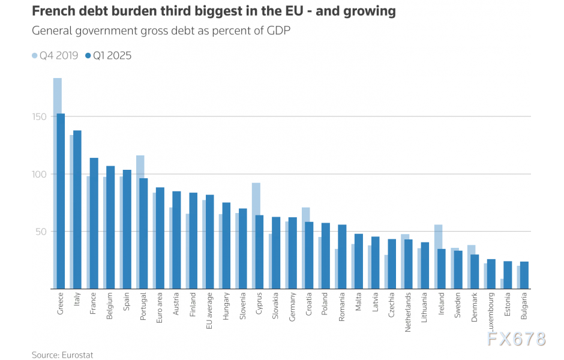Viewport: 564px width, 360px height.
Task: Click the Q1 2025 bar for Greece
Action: click(x=61, y=201)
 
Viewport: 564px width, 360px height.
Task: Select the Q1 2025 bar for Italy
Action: click(x=77, y=209)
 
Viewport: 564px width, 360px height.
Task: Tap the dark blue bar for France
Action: click(x=94, y=223)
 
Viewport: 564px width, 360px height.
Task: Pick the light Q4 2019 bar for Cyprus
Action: click(x=256, y=198)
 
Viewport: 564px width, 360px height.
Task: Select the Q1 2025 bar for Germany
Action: click(x=292, y=253)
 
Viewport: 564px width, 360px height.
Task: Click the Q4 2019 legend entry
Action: click(x=55, y=56)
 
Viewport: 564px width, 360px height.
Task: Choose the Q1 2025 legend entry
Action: click(x=109, y=56)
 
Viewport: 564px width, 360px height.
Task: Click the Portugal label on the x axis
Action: click(x=143, y=307)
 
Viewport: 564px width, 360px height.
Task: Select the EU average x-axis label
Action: click(x=210, y=311)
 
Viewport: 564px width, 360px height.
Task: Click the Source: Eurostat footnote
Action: click(x=62, y=355)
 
